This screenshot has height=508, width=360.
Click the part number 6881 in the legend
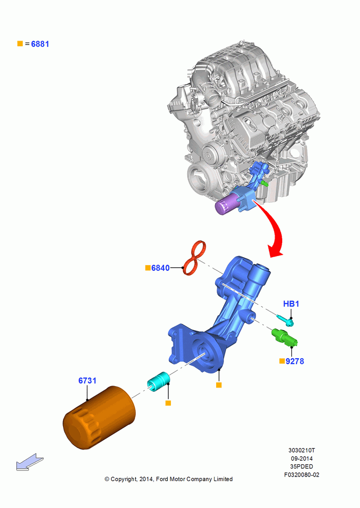(x=40, y=44)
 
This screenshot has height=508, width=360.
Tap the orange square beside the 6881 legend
(x=20, y=43)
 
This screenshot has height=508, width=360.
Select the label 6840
(x=161, y=268)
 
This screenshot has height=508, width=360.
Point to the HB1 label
(x=291, y=304)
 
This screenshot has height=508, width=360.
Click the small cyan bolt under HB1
(x=285, y=320)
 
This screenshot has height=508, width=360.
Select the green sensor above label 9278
(x=284, y=337)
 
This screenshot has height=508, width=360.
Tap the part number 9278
(x=295, y=361)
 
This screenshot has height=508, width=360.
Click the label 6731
(x=87, y=380)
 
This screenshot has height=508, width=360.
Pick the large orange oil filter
(x=99, y=418)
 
